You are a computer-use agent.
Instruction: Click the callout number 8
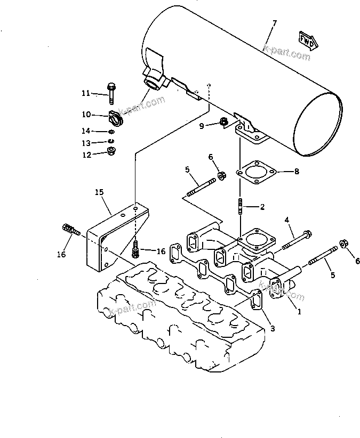[x=297, y=172]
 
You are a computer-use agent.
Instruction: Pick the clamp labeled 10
[x=115, y=117]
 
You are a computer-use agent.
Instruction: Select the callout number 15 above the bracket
[x=99, y=191]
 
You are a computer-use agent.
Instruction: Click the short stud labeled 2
[x=240, y=205]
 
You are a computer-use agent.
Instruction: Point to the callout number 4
[x=286, y=219]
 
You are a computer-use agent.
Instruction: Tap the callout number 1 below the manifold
[x=299, y=312]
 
